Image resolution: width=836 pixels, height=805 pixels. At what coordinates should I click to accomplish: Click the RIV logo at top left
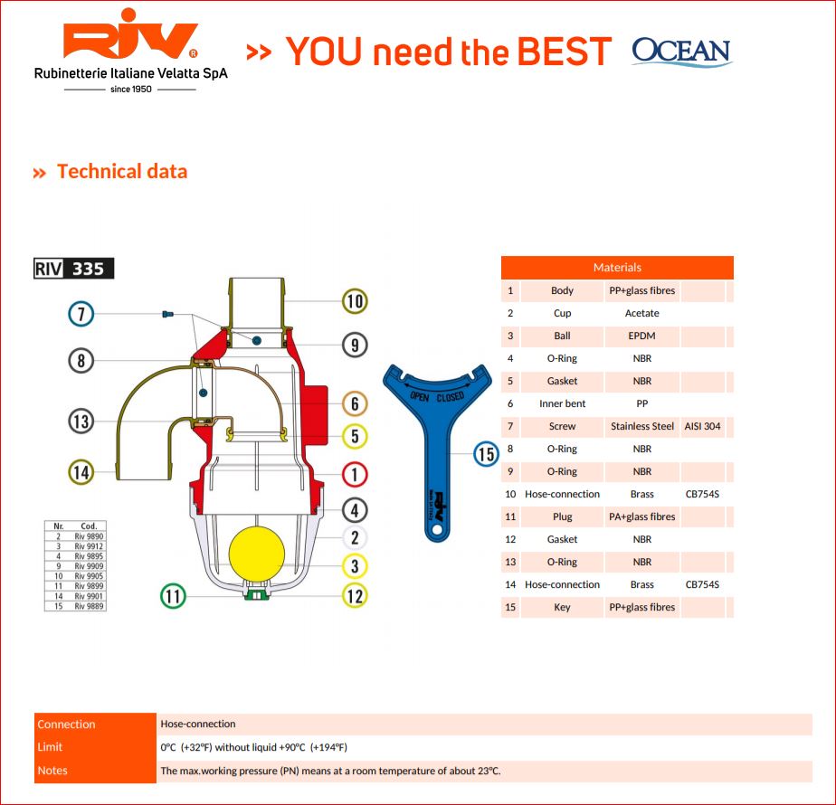[130, 43]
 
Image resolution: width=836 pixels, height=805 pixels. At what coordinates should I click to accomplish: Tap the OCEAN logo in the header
[681, 52]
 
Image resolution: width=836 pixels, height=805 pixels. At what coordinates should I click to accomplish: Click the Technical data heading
[121, 172]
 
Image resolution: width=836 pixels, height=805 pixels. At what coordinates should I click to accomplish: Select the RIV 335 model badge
[74, 269]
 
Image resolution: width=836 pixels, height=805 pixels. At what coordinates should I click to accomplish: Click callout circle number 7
[81, 314]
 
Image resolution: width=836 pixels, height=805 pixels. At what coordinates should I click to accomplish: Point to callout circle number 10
[355, 301]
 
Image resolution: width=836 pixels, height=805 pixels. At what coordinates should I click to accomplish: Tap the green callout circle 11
[173, 596]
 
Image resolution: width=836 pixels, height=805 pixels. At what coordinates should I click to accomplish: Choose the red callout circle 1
[355, 473]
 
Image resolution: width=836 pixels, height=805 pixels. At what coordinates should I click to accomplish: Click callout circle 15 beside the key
[487, 453]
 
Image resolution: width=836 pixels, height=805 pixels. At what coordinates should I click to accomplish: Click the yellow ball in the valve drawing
[257, 554]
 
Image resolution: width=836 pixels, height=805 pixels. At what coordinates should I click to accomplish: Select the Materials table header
[617, 268]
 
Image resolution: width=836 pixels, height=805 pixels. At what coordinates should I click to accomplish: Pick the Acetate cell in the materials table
[641, 313]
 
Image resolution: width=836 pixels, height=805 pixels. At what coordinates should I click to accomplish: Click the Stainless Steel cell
[641, 426]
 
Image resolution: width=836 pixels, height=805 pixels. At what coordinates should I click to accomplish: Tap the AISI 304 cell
[703, 426]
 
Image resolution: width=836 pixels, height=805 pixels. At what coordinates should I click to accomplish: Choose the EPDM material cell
[641, 336]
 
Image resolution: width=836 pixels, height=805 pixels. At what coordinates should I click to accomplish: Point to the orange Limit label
[51, 747]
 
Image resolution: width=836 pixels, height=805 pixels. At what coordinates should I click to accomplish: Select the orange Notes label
[52, 771]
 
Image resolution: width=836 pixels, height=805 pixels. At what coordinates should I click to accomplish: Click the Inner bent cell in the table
[562, 403]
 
